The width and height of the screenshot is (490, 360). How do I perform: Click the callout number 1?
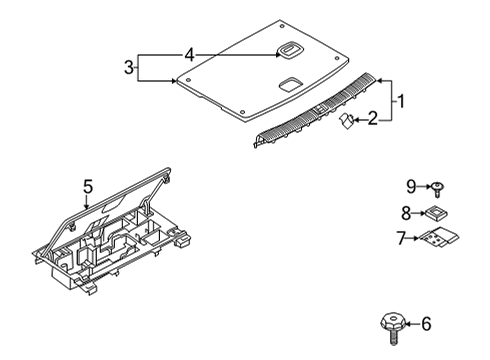pos(401,101)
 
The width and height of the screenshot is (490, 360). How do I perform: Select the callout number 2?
pos(373,118)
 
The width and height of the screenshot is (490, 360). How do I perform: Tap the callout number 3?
pos(129,67)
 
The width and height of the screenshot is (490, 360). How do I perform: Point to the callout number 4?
pos(189,54)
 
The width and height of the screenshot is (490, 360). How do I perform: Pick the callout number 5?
pos(88,186)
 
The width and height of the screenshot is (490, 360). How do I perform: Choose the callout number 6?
pos(426,324)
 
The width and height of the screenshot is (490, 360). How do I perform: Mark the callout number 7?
pos(401,238)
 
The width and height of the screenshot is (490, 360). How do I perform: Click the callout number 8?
pos(406,213)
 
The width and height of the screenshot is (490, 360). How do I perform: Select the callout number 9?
pos(411,186)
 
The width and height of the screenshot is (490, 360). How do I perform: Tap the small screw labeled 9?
pos(437,189)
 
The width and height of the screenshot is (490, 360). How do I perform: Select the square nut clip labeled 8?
pos(435,213)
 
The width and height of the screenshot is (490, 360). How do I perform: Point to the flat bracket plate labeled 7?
pos(438,237)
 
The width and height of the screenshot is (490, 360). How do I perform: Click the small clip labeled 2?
pos(346,121)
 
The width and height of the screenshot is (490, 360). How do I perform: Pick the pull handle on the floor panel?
pos(289,50)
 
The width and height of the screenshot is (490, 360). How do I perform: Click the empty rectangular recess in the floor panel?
pos(291,84)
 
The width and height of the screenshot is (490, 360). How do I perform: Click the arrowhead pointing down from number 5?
pos(87,206)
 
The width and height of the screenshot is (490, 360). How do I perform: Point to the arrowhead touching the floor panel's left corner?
pos(173,81)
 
